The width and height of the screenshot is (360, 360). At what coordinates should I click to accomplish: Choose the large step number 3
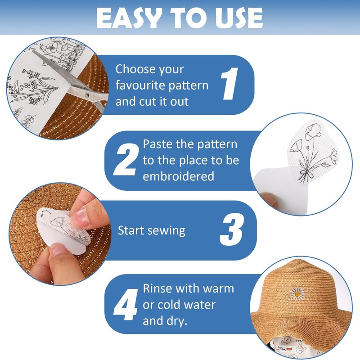pyautogui.click(x=231, y=231)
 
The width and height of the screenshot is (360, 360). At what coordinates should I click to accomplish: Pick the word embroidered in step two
pyautogui.click(x=178, y=176)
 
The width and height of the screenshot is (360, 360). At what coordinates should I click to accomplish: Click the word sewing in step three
pyautogui.click(x=169, y=231)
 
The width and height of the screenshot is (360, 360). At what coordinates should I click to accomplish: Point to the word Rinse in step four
pyautogui.click(x=157, y=288)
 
